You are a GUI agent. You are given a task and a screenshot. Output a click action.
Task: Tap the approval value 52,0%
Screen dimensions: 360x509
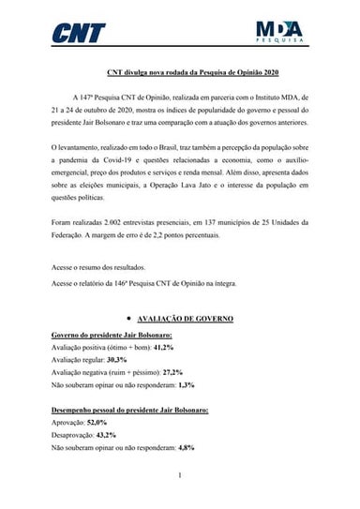pyautogui.click(x=97, y=423)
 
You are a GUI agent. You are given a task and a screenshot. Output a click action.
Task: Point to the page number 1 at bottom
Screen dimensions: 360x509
pyautogui.click(x=180, y=476)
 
